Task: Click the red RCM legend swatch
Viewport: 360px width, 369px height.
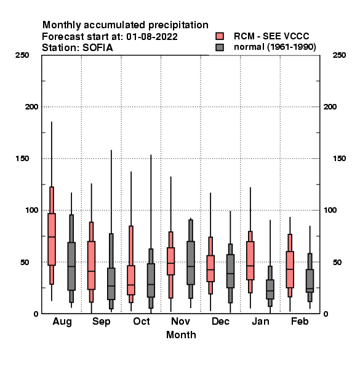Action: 220,36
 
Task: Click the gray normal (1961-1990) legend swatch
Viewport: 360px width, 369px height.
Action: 220,47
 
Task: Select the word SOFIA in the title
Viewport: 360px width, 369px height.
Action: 98,48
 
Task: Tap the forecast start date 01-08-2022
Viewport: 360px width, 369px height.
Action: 152,37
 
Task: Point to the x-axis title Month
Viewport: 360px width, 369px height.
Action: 181,335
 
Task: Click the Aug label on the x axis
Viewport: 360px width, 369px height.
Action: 62,322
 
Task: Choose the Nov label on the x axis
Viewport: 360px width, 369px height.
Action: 180,321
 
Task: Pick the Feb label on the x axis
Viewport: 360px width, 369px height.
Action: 300,321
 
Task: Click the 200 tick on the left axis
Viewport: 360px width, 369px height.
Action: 31,107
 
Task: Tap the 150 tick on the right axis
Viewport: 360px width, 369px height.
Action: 340,159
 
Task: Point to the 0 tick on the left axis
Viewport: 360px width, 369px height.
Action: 36,314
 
